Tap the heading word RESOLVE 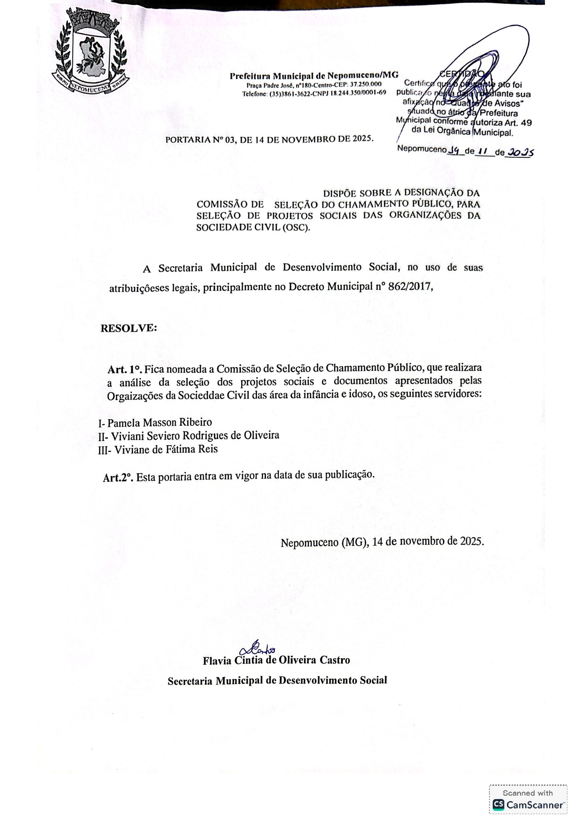(129, 328)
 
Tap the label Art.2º (118, 477)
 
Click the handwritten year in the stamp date (521, 152)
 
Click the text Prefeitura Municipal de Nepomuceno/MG (314, 75)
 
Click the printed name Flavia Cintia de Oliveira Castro (276, 660)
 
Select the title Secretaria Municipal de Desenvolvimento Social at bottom (277, 680)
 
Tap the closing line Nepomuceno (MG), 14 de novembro (382, 542)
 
